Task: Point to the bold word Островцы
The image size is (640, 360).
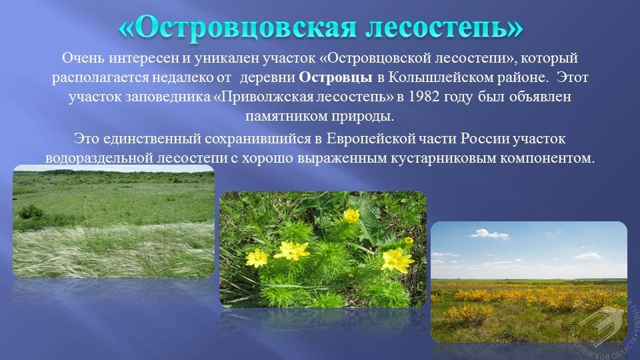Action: pyautogui.click(x=335, y=77)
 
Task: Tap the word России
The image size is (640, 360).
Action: pyautogui.click(x=485, y=139)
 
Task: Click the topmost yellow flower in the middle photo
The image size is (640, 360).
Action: pyautogui.click(x=351, y=215)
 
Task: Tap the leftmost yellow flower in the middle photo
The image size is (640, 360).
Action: pyautogui.click(x=257, y=258)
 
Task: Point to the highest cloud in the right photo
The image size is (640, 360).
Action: pyautogui.click(x=489, y=234)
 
